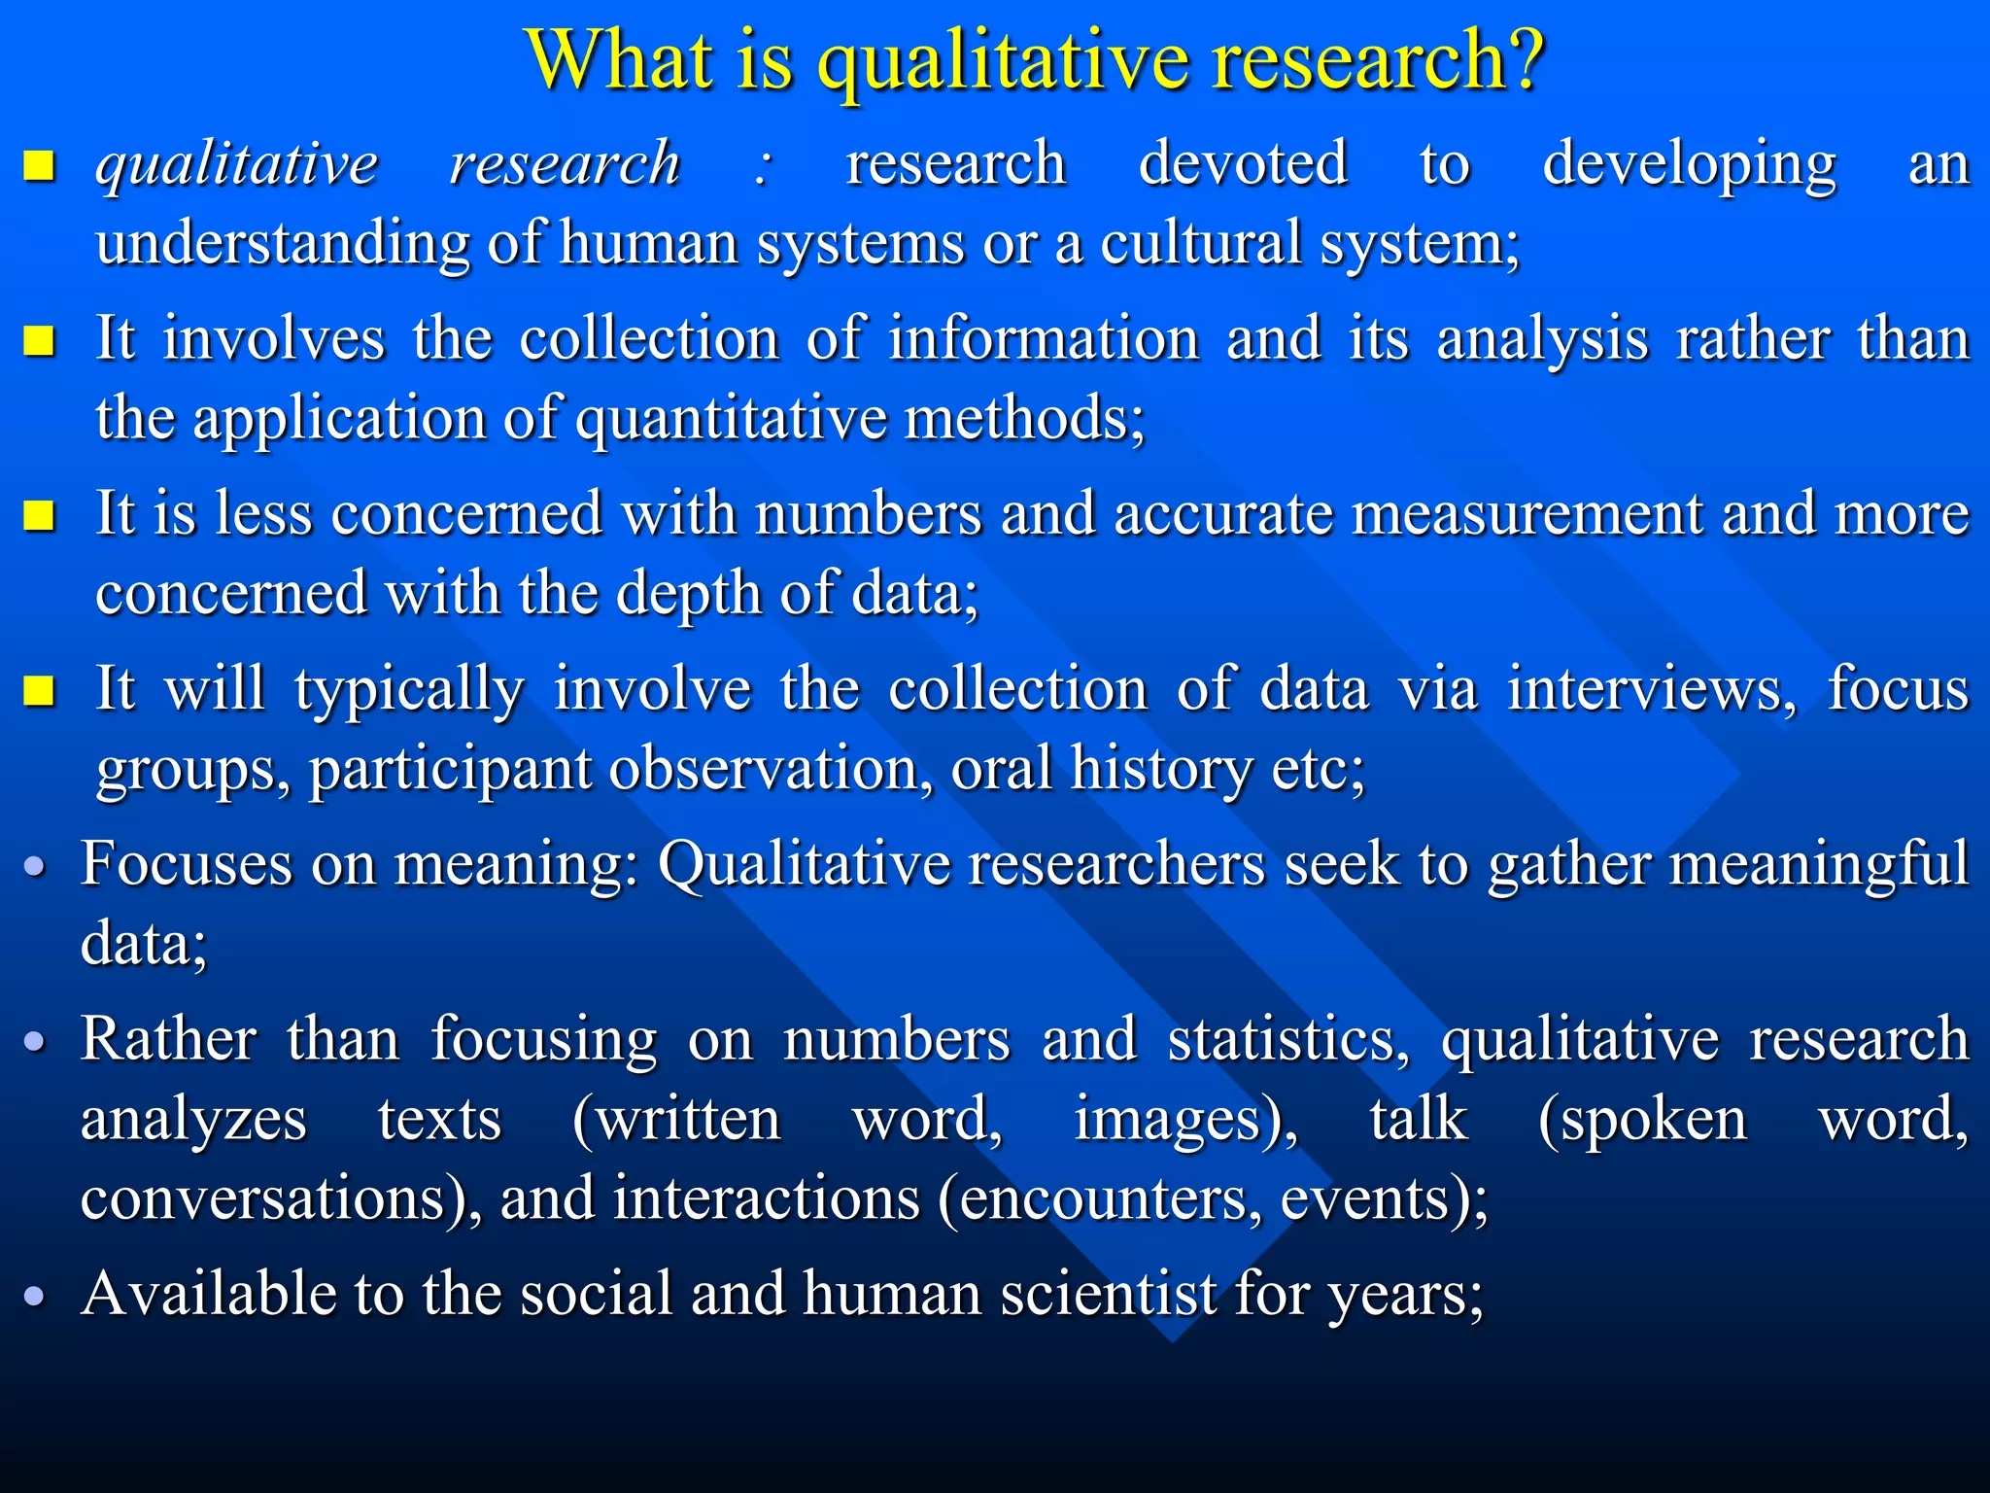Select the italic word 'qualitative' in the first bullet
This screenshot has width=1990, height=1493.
(x=236, y=165)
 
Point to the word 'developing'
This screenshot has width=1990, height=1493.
(x=1689, y=165)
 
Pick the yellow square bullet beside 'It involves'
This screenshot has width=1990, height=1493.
(x=39, y=341)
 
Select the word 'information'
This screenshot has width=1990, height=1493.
(x=1044, y=339)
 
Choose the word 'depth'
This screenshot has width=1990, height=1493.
(x=688, y=594)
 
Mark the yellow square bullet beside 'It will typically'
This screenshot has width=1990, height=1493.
(x=39, y=691)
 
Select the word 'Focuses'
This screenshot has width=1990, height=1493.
(x=186, y=863)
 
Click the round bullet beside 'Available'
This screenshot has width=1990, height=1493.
(x=35, y=1297)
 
